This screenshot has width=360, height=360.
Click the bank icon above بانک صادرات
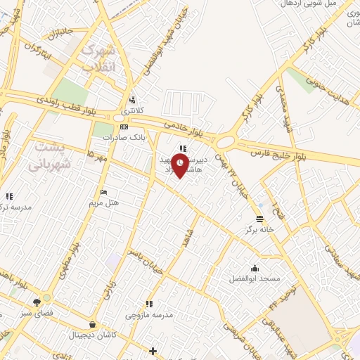[124, 127]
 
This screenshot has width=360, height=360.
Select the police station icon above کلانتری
[132, 100]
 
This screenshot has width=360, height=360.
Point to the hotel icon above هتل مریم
[104, 193]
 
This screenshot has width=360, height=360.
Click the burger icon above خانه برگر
[259, 219]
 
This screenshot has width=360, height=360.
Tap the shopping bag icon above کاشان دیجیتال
[94, 325]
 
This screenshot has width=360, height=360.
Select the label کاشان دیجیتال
[94, 335]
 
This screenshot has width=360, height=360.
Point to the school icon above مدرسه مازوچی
[148, 304]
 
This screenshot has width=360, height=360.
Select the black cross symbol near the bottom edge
[153, 350]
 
